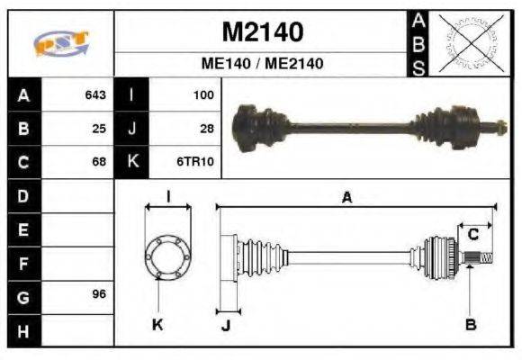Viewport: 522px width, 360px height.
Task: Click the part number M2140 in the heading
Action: [x=262, y=32]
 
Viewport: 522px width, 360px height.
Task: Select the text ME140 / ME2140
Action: [x=262, y=64]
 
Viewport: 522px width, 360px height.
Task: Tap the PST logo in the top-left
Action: [x=61, y=43]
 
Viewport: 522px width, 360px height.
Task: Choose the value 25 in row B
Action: [x=99, y=128]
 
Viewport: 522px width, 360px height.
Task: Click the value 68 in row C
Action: [x=99, y=162]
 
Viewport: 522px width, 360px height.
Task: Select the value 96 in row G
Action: [x=99, y=295]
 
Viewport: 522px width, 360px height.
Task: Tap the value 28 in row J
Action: [x=206, y=128]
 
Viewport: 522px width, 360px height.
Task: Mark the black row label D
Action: [x=22, y=195]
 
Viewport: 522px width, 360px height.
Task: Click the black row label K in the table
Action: [x=132, y=162]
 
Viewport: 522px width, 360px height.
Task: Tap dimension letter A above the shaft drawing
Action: [x=346, y=198]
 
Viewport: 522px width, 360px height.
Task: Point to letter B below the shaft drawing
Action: [x=470, y=325]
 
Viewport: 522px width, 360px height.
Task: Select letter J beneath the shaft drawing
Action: [x=225, y=325]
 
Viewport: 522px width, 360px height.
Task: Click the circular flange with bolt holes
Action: [x=168, y=256]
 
